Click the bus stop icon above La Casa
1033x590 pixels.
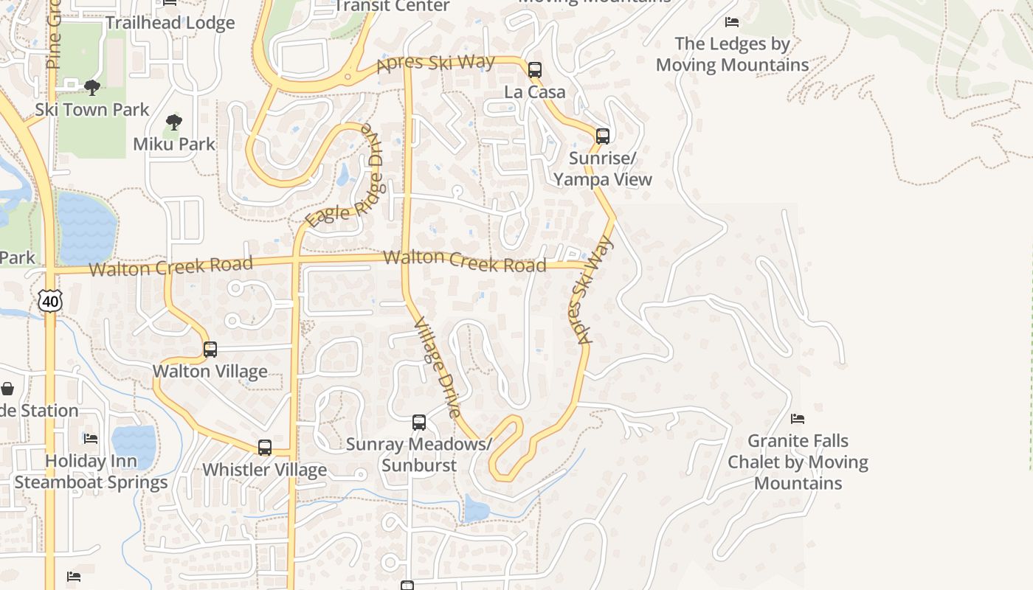[535, 70]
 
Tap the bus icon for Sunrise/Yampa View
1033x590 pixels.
[603, 136]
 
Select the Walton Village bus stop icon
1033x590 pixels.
[210, 349]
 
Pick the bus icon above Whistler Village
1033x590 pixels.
[265, 447]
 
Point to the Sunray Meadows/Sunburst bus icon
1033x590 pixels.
[419, 423]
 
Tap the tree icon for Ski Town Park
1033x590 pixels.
[92, 88]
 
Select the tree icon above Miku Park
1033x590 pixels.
[174, 122]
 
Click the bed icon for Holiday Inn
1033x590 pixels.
[91, 438]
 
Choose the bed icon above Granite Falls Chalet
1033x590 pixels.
[798, 419]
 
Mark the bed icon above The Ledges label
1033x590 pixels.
[732, 22]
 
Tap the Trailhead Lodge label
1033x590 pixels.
[170, 23]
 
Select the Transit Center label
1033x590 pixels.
[392, 7]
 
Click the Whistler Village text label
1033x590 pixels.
[264, 470]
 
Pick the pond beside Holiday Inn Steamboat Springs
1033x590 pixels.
[134, 446]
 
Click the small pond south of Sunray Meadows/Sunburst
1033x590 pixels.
[476, 509]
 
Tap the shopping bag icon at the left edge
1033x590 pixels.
[7, 388]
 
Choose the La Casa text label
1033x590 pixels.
[535, 92]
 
